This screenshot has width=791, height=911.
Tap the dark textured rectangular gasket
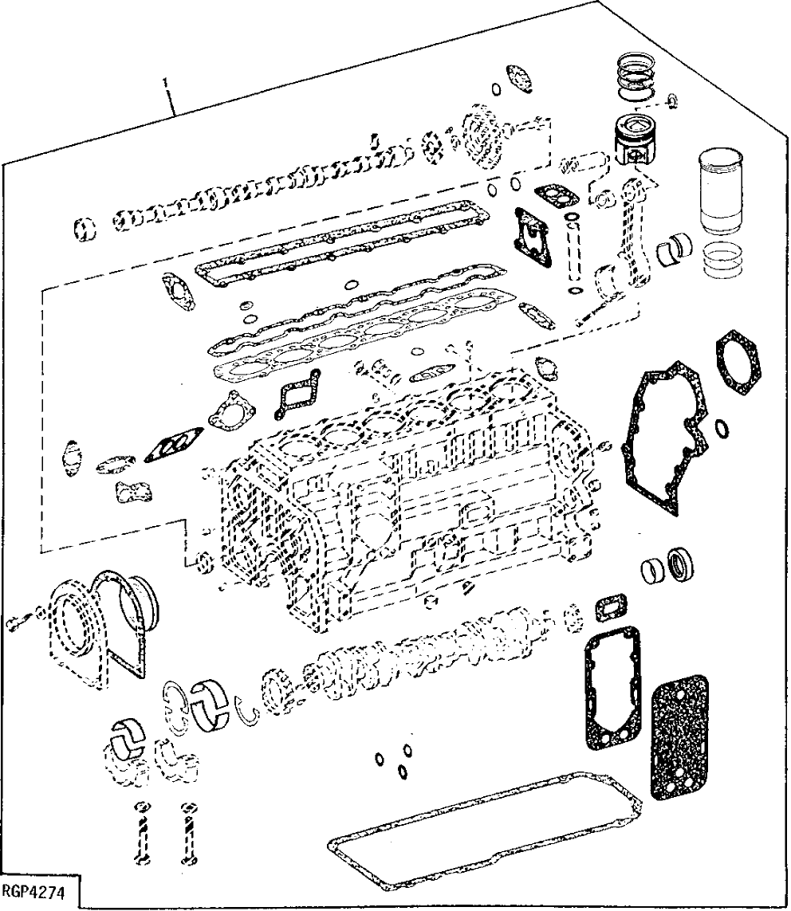(679, 737)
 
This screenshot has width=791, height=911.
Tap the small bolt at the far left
(20, 621)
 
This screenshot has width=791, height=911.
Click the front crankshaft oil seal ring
(679, 564)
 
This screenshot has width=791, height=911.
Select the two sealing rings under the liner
(725, 261)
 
